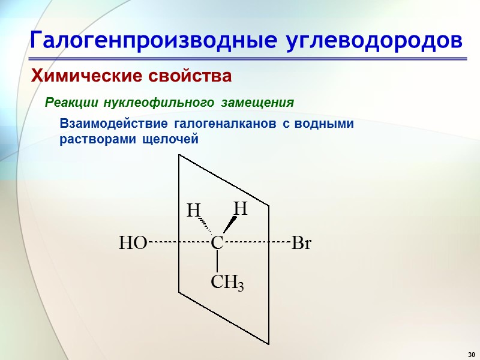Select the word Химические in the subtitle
pyautogui.click(x=80, y=77)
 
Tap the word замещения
pyautogui.click(x=257, y=103)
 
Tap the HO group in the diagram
pyautogui.click(x=133, y=244)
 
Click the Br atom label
pyautogui.click(x=302, y=244)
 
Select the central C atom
pyautogui.click(x=217, y=243)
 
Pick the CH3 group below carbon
pyautogui.click(x=227, y=282)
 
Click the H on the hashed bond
pyautogui.click(x=193, y=211)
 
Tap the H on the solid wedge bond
pyautogui.click(x=241, y=208)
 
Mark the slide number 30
pyautogui.click(x=470, y=352)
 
